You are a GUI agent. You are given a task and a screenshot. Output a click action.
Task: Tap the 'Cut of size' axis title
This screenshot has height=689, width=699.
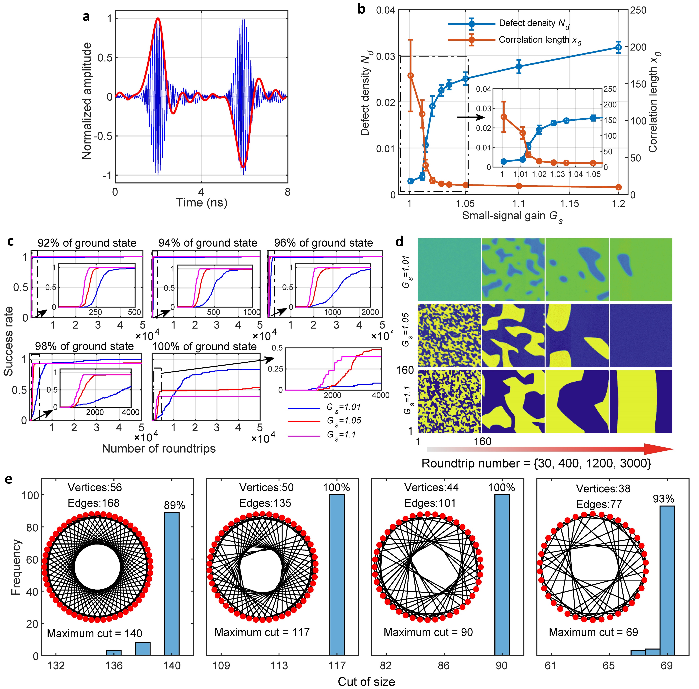click(366, 682)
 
